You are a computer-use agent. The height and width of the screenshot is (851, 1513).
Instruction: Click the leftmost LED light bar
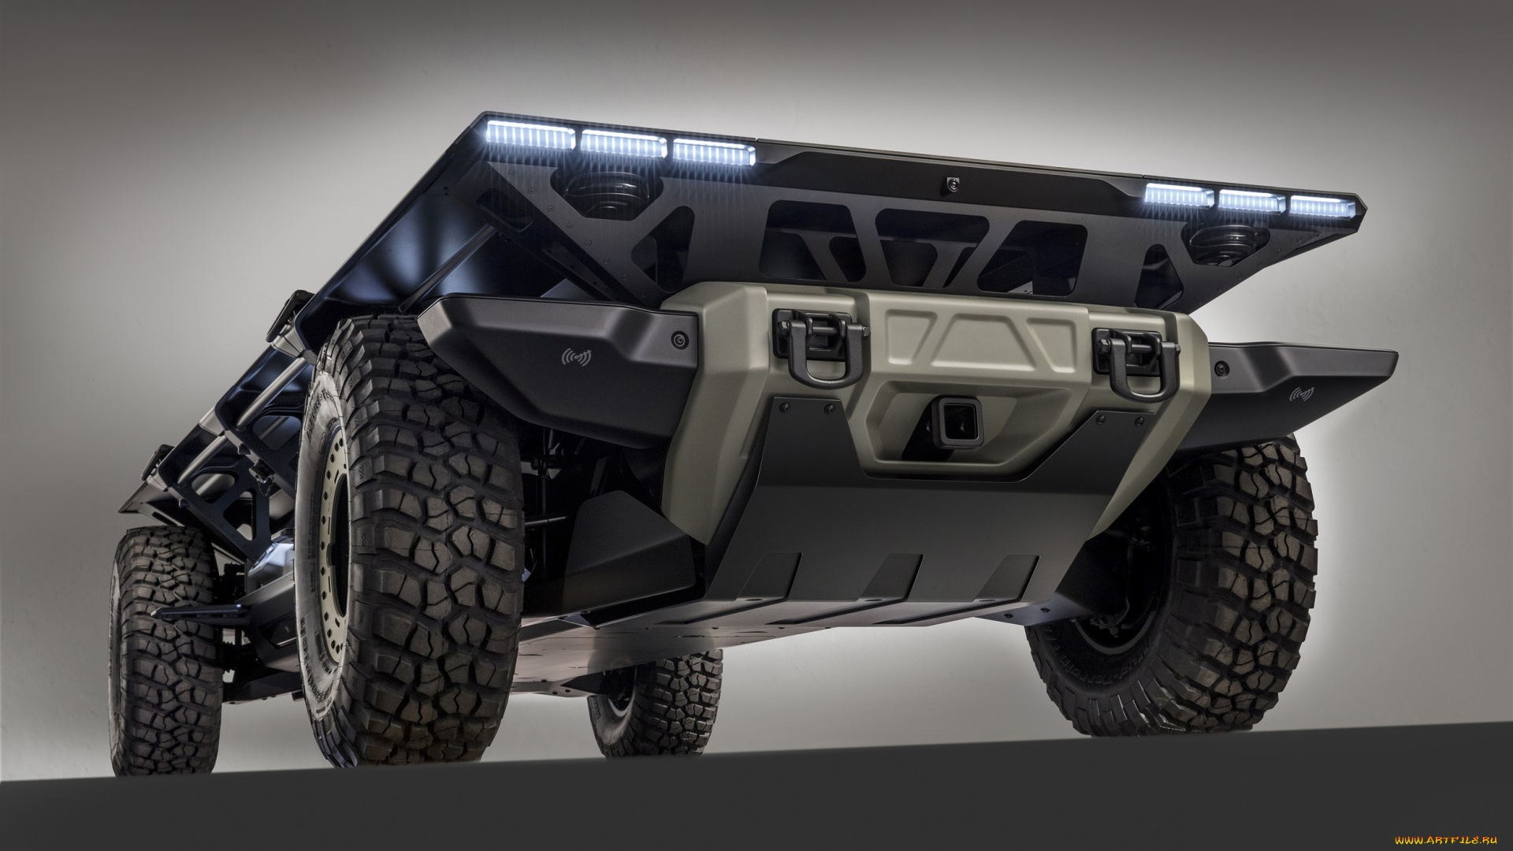click(x=530, y=135)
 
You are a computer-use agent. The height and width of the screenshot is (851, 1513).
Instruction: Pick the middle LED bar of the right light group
click(x=1251, y=200)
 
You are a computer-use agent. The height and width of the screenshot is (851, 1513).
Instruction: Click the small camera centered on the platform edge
click(x=953, y=184)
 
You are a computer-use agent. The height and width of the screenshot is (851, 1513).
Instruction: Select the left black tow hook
click(x=820, y=347)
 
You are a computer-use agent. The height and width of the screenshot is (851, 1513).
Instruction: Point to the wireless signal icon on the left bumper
click(x=577, y=357)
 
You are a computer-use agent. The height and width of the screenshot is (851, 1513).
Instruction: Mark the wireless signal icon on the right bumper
click(x=1302, y=392)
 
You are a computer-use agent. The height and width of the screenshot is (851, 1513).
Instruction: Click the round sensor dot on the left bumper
click(x=678, y=340)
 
